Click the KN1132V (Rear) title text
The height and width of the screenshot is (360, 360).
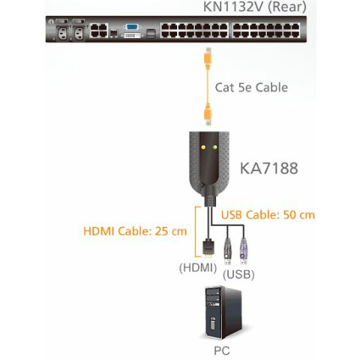coord(254,7)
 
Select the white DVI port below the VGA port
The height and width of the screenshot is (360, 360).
coord(132,35)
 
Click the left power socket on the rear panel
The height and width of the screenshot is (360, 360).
coord(62,33)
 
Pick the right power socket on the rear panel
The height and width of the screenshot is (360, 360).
coord(79,33)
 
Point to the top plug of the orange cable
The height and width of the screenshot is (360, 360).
coord(208,58)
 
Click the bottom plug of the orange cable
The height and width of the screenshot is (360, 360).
coord(208,114)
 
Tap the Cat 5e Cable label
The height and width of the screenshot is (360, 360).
coord(251,88)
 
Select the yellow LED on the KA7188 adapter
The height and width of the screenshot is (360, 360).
coord(203,147)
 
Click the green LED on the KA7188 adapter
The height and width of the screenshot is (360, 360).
coord(214,147)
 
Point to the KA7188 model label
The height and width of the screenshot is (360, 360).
coord(269,168)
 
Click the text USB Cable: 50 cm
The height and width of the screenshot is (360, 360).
coord(268,215)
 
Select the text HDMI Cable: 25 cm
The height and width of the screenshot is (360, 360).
coord(135,231)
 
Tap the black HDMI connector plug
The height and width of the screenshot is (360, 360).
coord(208,248)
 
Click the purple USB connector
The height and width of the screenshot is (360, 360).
coord(244,251)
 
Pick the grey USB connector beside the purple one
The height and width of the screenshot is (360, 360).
coord(227,251)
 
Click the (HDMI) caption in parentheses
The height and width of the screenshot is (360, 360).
coord(198,268)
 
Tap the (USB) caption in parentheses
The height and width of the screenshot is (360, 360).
coord(238,274)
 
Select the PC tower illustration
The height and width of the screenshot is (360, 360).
coord(223,313)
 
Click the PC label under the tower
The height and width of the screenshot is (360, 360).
coord(222,350)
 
